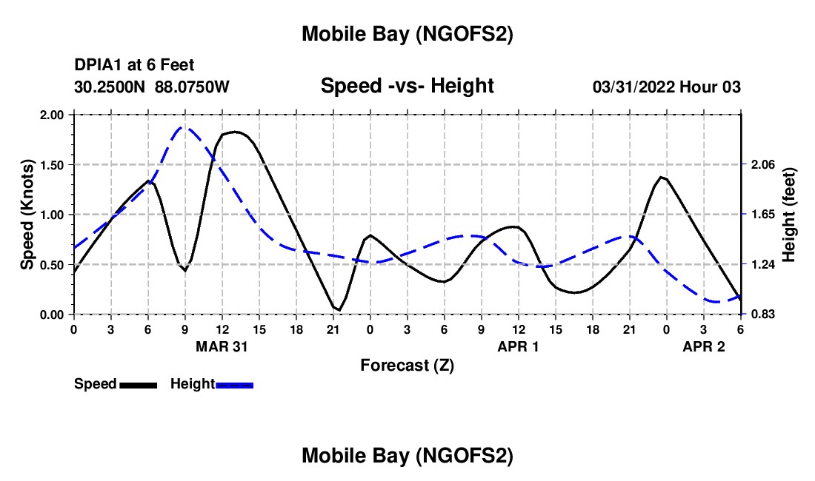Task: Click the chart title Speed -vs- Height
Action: [407, 86]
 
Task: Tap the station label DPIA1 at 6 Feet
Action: [134, 66]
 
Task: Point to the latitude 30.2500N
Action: [110, 87]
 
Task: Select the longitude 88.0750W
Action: [192, 87]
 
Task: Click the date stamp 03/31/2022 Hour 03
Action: [666, 87]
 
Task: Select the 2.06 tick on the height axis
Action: [763, 165]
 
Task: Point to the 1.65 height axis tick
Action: [763, 215]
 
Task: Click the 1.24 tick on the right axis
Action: [763, 265]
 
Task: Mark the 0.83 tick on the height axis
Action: [763, 314]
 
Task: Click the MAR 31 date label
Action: [222, 346]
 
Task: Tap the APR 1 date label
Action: [518, 346]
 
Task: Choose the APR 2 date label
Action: [703, 346]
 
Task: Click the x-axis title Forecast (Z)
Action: [407, 366]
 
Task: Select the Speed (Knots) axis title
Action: [27, 215]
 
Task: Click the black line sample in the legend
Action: [138, 385]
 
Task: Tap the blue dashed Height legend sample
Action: [234, 385]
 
